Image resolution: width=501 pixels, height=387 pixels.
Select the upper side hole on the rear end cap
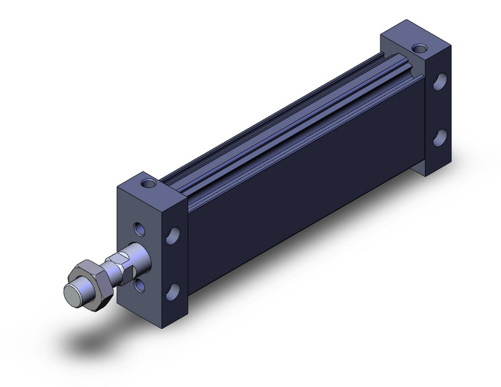(440, 84)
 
